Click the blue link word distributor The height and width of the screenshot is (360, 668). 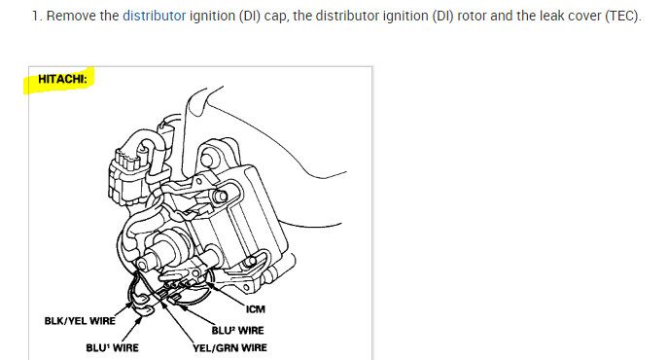pos(154,16)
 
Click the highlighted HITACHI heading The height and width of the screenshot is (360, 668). pos(62,79)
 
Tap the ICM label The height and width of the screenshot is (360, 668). pos(255,308)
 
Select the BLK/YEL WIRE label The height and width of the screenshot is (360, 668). pos(80,321)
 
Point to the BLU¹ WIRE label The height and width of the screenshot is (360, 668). pos(112,347)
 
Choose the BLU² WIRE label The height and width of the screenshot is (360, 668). pos(237,330)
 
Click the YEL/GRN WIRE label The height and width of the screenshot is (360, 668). pos(230,347)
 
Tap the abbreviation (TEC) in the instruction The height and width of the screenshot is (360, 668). pos(623,16)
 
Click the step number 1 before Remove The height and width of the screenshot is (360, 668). pos(36,16)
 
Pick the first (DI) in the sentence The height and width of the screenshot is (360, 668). pos(249,16)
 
